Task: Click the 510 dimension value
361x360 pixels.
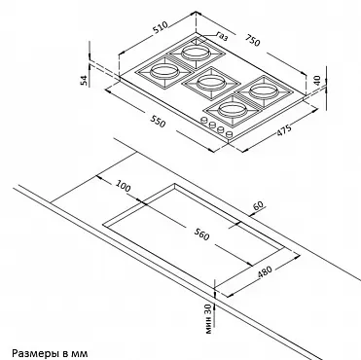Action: click(x=161, y=27)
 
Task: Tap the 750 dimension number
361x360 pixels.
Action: click(x=252, y=40)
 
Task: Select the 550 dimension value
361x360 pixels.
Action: click(x=158, y=122)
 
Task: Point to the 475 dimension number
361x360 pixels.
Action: click(x=284, y=130)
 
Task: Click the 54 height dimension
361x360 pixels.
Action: click(x=84, y=80)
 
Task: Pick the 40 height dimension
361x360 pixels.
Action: click(x=317, y=80)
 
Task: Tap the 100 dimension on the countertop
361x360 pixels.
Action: click(x=123, y=186)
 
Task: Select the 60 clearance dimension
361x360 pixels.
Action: click(x=259, y=206)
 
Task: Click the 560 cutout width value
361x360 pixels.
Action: click(x=201, y=234)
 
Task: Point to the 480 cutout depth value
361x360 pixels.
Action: click(x=265, y=272)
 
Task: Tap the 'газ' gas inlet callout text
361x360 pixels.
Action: click(x=222, y=36)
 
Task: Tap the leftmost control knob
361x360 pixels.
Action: click(x=204, y=120)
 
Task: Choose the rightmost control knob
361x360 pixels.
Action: click(x=229, y=134)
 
